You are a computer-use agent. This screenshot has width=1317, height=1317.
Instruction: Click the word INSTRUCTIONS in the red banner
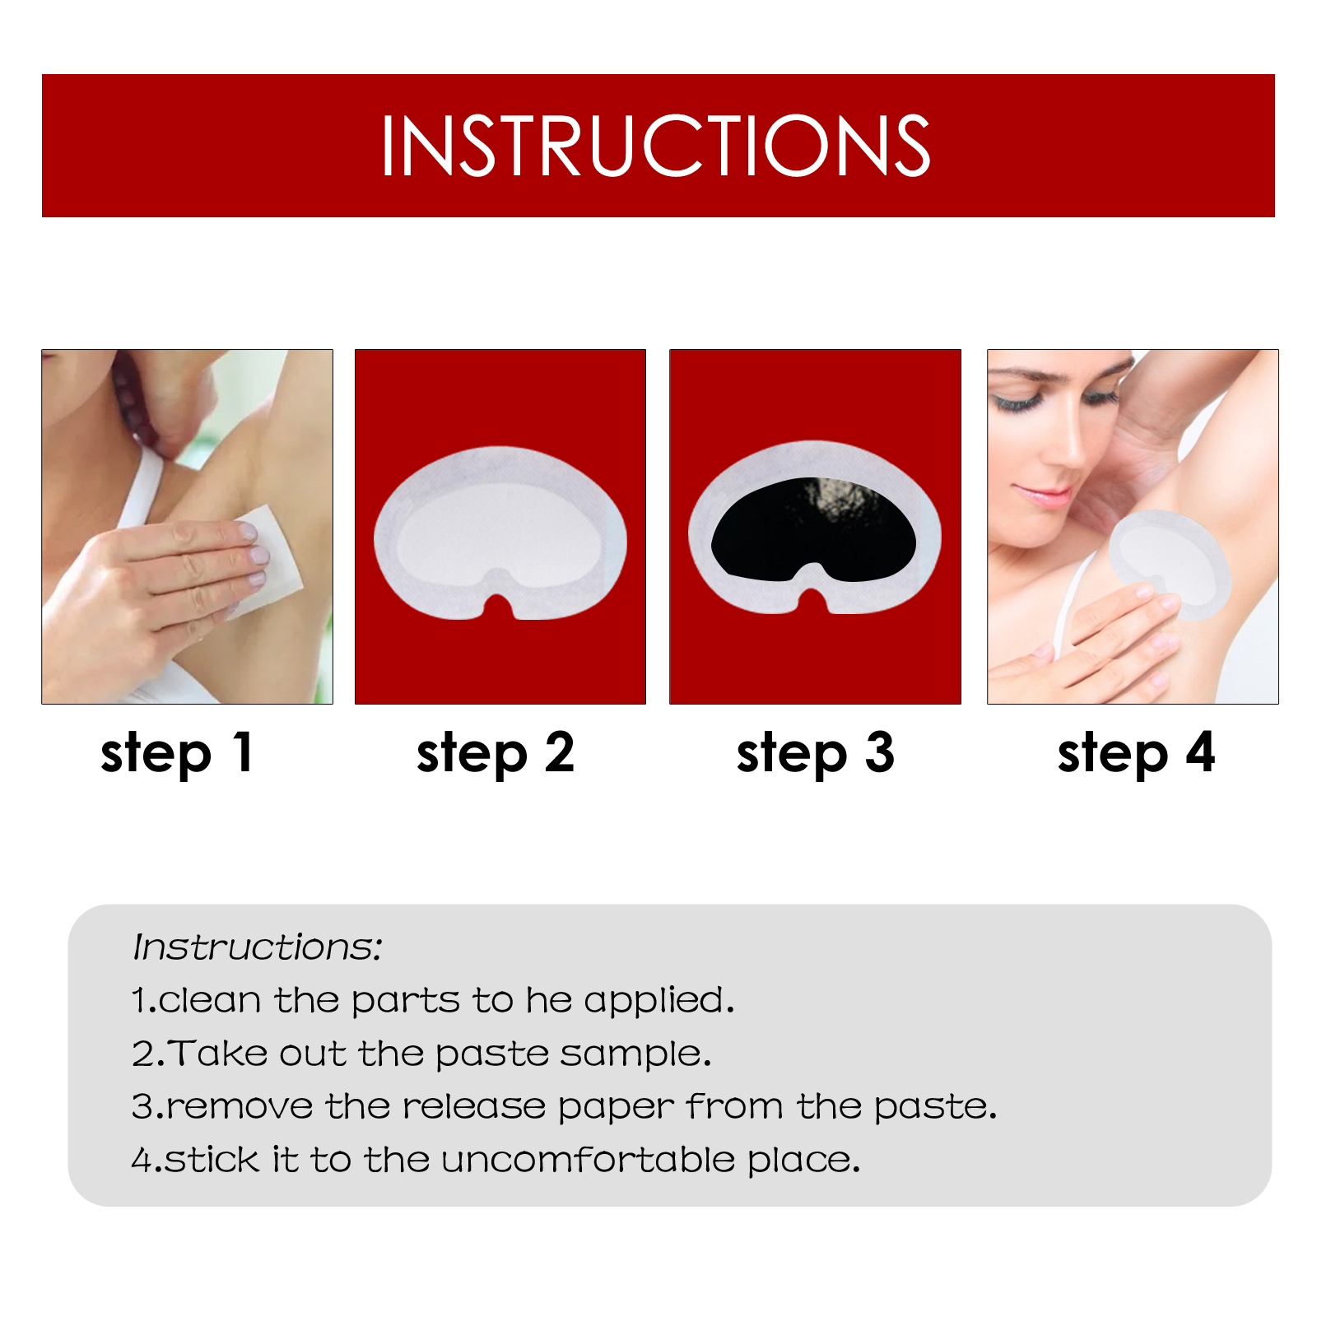click(655, 146)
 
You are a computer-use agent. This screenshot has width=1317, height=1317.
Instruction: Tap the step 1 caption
click(176, 753)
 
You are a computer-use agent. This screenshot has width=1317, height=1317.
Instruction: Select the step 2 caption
click(496, 753)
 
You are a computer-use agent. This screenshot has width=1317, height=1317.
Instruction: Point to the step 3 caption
click(815, 753)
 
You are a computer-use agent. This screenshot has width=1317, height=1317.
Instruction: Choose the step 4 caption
click(1136, 753)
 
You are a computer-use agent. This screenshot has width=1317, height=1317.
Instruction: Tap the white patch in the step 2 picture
click(500, 533)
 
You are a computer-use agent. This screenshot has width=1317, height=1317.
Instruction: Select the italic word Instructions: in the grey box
click(258, 947)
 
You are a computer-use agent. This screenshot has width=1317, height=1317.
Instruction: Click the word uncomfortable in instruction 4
click(588, 1160)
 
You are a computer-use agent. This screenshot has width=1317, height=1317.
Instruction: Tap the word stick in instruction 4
click(212, 1160)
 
